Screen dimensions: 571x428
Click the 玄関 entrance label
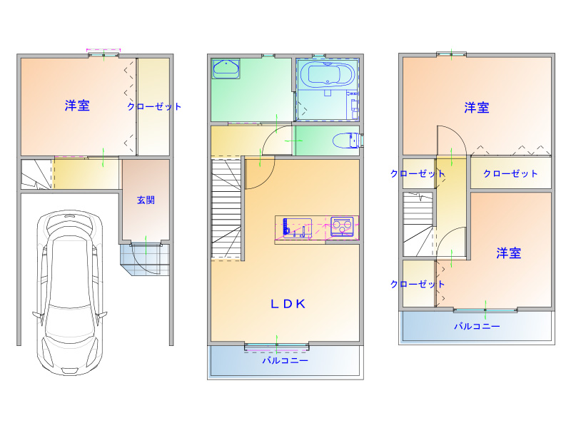pos(146,200)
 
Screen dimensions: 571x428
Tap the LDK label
pos(288,304)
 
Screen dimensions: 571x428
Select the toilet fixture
pos(347,141)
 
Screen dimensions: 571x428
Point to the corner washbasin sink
pos(226,69)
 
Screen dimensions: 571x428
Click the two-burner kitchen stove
pos(342,226)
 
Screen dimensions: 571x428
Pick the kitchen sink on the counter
pos(296,228)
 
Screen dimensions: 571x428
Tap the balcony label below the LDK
pos(285,360)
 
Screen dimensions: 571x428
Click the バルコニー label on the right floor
pos(477,326)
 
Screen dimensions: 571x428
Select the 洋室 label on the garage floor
pos(77,106)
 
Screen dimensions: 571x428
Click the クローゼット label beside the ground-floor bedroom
pos(154,106)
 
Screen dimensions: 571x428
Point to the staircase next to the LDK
pos(226,209)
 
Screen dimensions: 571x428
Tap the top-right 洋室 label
pos(477,108)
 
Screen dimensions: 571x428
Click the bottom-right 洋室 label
pos(509,253)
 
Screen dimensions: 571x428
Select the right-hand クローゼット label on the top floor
pos(510,173)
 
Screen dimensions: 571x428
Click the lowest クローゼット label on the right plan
pos(418,284)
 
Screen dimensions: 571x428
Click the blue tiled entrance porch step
pos(145,259)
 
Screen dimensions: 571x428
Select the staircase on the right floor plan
pos(418,224)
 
